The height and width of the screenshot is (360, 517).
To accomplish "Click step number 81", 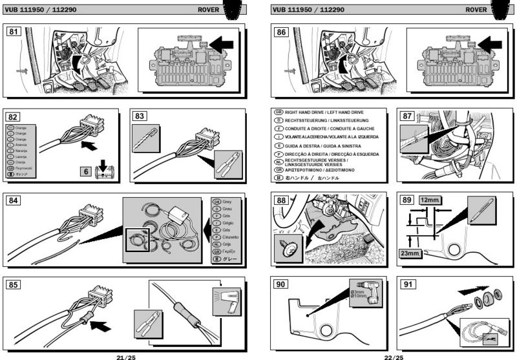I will [x=14, y=31].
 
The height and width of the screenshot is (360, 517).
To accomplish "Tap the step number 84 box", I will [x=14, y=200].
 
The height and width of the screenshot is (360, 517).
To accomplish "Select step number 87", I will [x=407, y=116].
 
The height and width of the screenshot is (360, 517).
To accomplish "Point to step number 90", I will [x=282, y=284].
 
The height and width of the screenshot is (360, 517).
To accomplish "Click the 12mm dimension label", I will [x=429, y=200].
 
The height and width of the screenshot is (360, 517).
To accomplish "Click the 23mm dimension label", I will [x=410, y=253].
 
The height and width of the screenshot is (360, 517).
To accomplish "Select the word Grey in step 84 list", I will [x=226, y=202].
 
